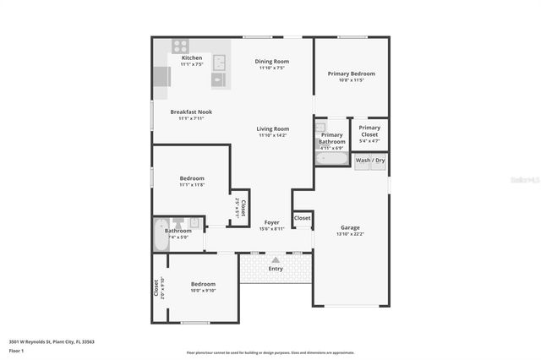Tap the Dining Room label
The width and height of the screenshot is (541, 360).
[272, 61]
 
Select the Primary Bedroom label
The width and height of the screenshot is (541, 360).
[351, 74]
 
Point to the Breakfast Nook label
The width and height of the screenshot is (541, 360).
[191, 112]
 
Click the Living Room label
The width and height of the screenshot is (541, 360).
[273, 128]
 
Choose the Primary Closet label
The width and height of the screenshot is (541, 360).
[369, 131]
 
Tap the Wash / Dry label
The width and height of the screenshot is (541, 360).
[369, 160]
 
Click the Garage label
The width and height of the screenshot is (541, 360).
[350, 227]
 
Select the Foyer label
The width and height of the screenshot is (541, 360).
[271, 222]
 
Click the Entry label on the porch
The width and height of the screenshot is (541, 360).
[276, 268]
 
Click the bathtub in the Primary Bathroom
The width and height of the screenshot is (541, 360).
[331, 158]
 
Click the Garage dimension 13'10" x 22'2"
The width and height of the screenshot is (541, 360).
[350, 235]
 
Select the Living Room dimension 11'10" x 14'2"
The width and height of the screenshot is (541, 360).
[273, 135]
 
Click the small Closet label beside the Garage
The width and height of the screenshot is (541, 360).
[302, 218]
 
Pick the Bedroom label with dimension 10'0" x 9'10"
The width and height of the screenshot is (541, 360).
[203, 284]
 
